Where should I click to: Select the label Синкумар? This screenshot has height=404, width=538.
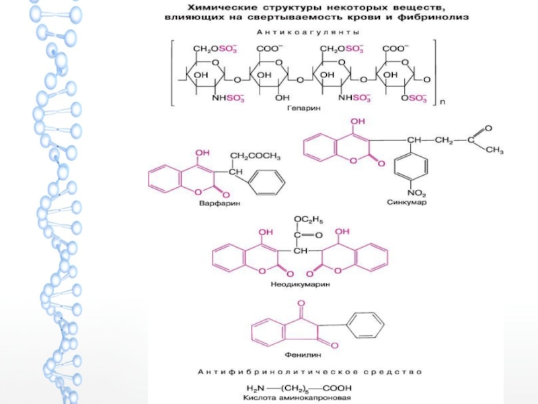(x=407, y=201)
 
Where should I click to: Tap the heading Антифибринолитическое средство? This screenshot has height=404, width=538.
(x=309, y=372)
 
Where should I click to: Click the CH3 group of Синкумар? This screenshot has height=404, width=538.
(x=494, y=150)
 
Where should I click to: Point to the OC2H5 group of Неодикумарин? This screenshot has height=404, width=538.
(x=308, y=219)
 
